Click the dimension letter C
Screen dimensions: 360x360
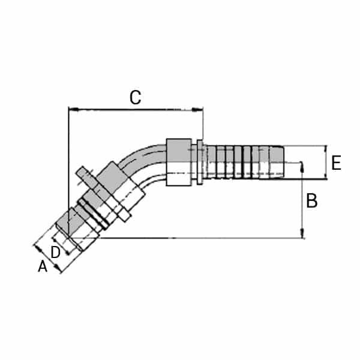136,97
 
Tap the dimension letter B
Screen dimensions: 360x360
312,201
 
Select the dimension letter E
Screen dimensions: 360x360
337,163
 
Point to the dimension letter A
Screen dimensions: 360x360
43,266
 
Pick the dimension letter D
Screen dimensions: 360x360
55,253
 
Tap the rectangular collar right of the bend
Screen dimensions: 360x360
178,162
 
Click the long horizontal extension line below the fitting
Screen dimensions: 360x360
198,238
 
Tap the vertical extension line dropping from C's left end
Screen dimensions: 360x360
69,168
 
